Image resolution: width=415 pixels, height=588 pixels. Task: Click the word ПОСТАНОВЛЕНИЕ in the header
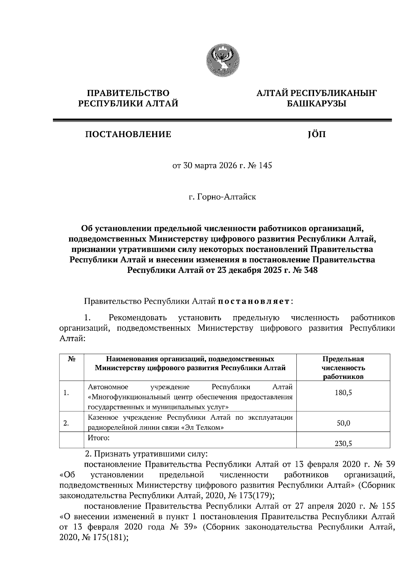[128, 134]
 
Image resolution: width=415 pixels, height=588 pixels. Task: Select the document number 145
[266, 166]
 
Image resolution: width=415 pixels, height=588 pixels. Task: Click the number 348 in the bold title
[310, 270]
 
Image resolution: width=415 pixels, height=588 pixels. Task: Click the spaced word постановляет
[254, 302]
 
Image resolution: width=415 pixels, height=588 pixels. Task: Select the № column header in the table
[72, 359]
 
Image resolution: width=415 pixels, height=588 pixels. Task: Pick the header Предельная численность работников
[343, 368]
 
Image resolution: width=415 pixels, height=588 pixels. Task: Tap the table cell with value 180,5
[343, 393]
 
